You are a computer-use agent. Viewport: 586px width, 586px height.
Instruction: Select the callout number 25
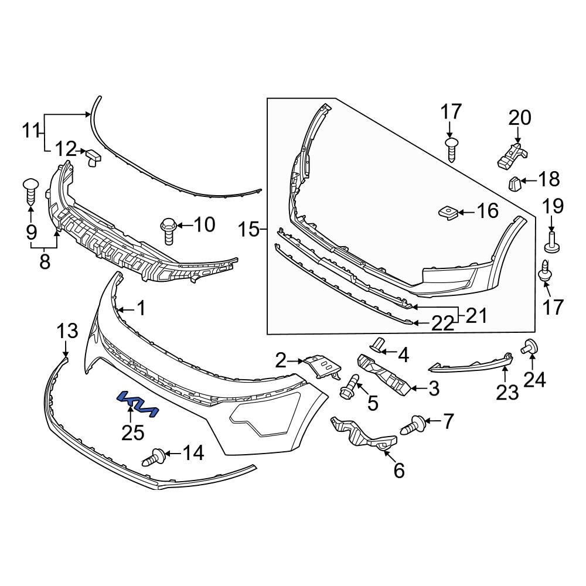point(132,432)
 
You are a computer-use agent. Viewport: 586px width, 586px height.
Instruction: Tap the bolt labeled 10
point(168,230)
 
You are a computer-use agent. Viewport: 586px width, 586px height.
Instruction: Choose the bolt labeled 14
point(154,456)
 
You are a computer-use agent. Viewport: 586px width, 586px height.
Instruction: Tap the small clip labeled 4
point(379,346)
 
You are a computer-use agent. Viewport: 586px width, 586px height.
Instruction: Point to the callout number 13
point(67,331)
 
